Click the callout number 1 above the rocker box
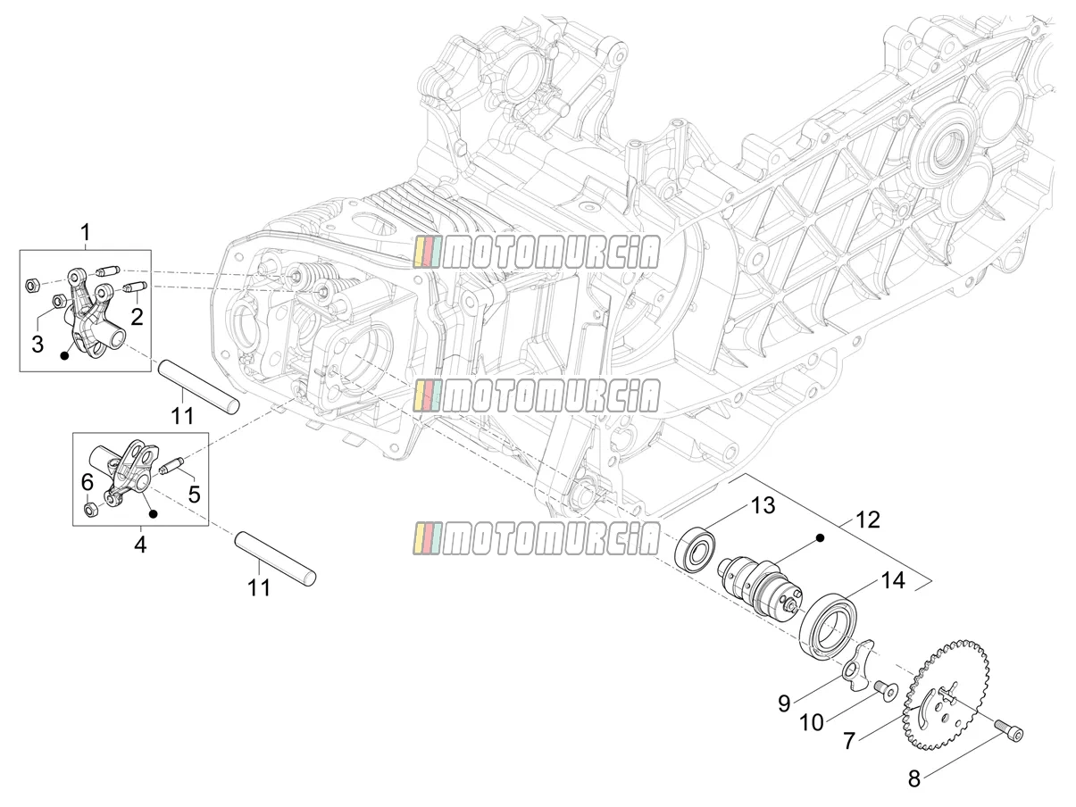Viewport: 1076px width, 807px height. click(x=86, y=233)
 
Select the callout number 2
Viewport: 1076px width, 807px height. click(x=137, y=317)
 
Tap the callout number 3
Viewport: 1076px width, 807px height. click(x=38, y=344)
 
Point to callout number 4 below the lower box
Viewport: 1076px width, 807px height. click(x=140, y=545)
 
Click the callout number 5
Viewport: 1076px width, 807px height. click(x=194, y=495)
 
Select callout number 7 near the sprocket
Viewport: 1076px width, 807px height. click(x=849, y=740)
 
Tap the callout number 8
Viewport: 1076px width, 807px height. click(x=914, y=779)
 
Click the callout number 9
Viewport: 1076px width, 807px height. click(x=784, y=703)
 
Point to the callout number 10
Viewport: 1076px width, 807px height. click(x=812, y=723)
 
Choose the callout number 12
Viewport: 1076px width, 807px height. click(x=867, y=520)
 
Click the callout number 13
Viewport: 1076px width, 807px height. click(x=763, y=505)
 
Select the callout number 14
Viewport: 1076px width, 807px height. click(x=893, y=580)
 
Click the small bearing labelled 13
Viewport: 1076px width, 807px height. click(x=696, y=547)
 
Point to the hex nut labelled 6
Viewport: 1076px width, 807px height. click(x=91, y=510)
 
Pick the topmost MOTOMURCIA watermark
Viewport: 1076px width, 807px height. click(x=537, y=252)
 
